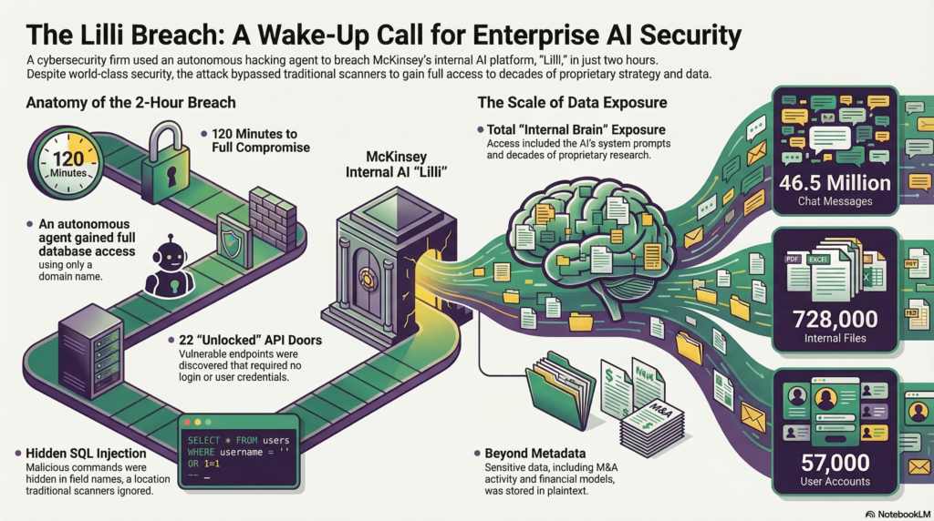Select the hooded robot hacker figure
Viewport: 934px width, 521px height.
(171, 263)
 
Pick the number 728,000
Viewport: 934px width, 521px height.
(835, 319)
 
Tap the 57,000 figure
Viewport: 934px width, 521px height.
(835, 462)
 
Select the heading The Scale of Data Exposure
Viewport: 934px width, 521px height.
(573, 103)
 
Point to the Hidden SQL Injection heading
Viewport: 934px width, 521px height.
(87, 452)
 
